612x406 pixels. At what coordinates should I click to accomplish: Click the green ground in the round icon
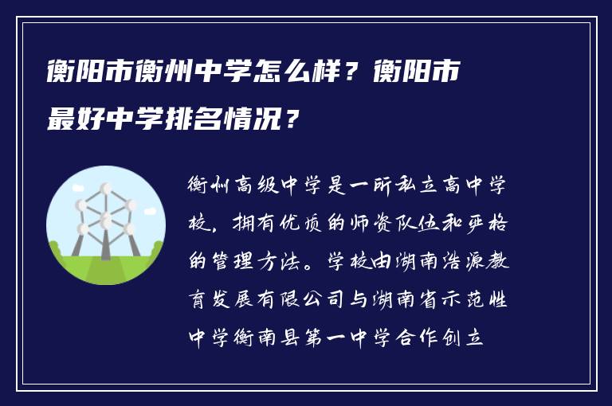[x=105, y=267]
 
